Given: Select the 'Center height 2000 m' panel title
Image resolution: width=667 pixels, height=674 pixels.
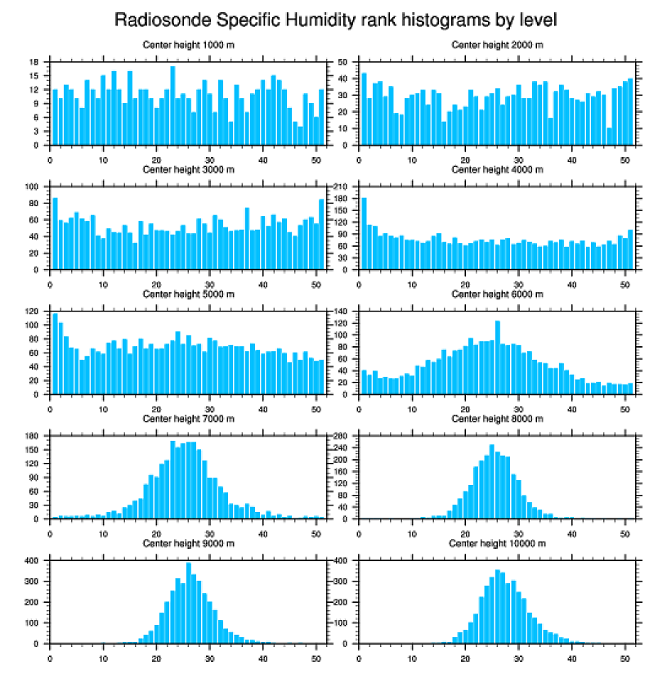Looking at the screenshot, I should point(497,45).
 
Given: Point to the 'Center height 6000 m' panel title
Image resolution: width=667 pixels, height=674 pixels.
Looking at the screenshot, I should point(497,294).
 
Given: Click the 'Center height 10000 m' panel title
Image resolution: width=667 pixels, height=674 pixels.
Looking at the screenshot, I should point(497,543).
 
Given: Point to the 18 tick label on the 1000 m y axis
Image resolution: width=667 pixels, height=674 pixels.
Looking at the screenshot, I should point(35,62).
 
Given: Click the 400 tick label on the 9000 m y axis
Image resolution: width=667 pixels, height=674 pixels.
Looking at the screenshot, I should point(33,561).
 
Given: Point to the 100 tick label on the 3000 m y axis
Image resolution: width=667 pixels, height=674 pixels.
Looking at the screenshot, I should point(33,186).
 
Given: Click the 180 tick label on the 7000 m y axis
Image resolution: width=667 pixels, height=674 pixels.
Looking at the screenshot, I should point(33,436).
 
